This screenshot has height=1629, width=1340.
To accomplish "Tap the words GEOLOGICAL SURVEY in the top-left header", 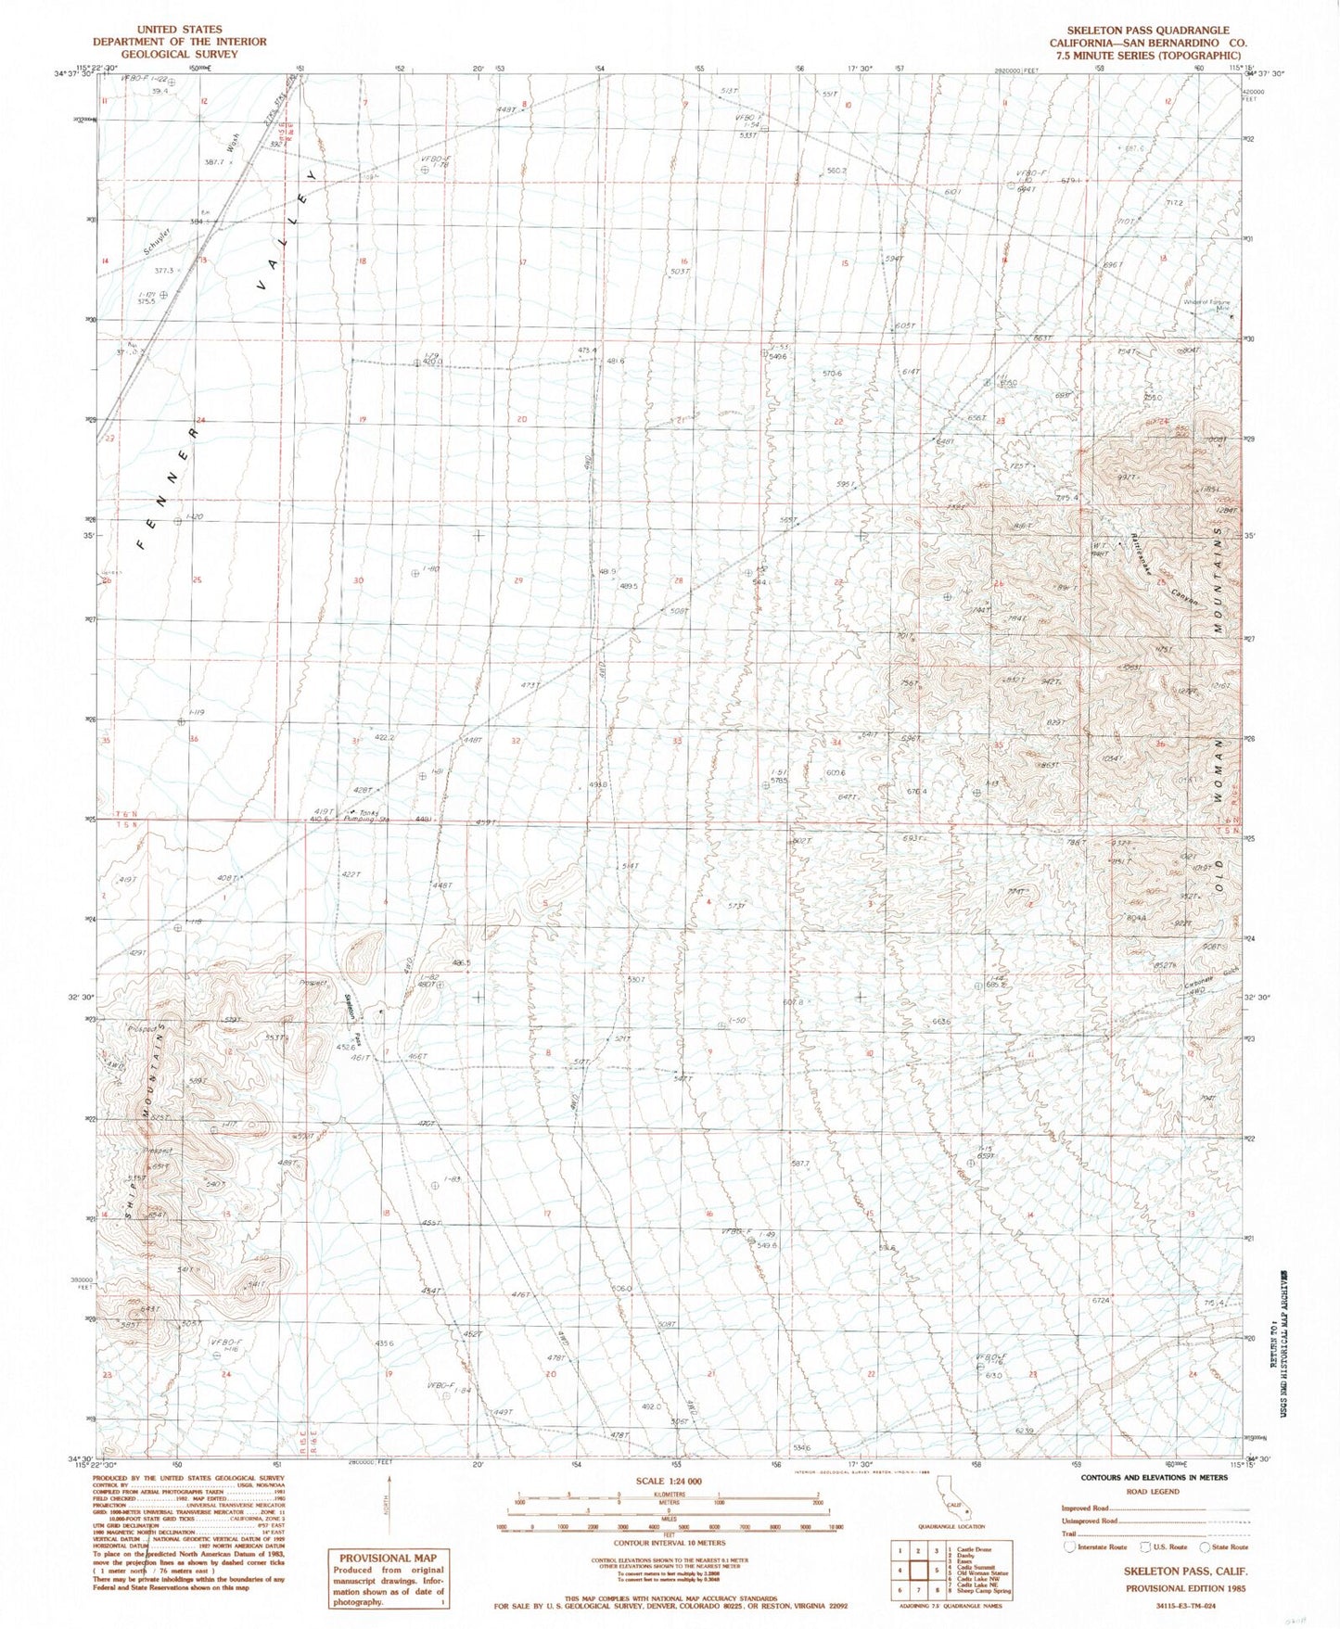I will pos(179,54).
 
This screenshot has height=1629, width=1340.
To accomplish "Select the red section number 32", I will pos(516,742).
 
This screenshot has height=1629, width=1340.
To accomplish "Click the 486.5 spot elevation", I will pos(461,963).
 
